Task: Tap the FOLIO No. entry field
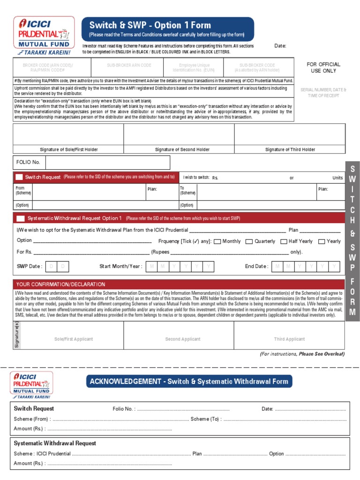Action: [x=107, y=163]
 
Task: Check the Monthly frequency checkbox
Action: [x=217, y=242]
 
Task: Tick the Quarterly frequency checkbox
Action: [x=249, y=242]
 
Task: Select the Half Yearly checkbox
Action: [x=284, y=242]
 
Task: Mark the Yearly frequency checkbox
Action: [x=322, y=242]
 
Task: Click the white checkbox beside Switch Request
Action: [x=19, y=177]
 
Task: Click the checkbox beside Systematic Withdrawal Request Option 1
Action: [x=21, y=218]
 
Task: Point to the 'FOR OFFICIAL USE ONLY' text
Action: [x=323, y=67]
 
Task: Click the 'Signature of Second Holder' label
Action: [x=182, y=150]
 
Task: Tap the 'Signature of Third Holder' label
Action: [x=290, y=150]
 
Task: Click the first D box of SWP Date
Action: [x=52, y=267]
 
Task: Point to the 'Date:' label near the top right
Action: [x=280, y=46]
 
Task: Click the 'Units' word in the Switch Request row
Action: [x=337, y=178]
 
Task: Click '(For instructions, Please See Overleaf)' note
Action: [x=302, y=354]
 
